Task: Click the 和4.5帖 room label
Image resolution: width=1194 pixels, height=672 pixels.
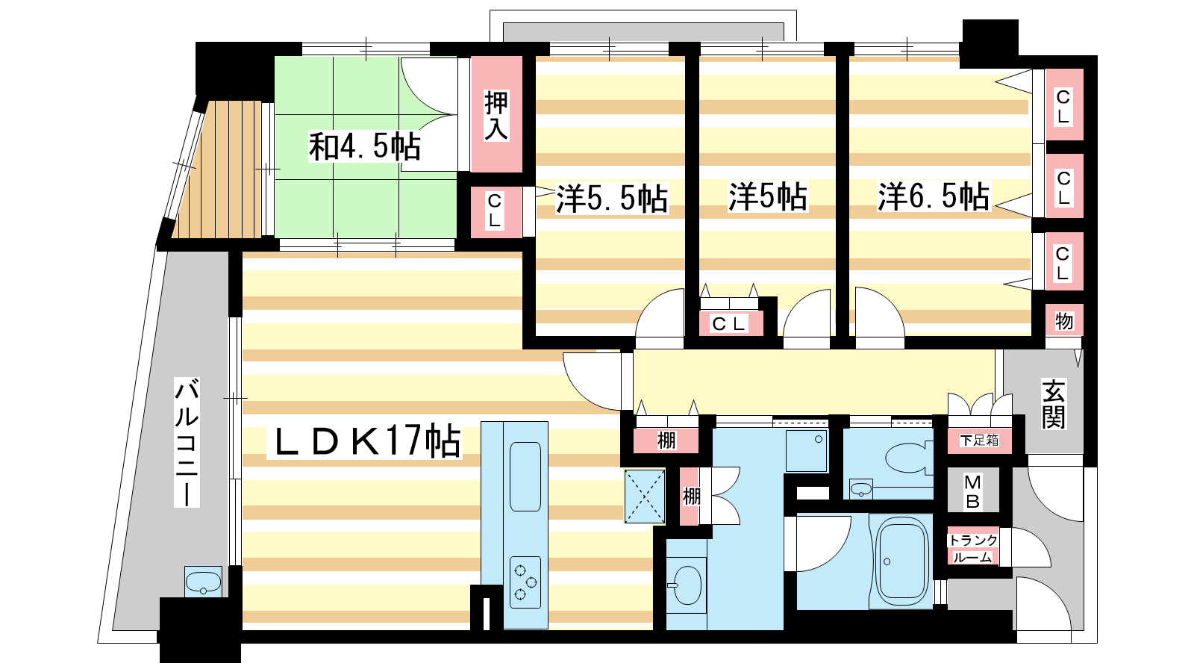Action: pos(365,146)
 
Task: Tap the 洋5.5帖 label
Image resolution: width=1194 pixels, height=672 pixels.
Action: pos(612,199)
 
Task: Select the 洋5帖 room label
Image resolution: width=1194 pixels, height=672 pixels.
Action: pos(768,196)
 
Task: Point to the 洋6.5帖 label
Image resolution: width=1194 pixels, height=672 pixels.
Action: pos(934,196)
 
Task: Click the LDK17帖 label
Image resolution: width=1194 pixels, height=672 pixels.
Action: pos(365,441)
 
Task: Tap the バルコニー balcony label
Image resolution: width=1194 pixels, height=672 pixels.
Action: pos(187,442)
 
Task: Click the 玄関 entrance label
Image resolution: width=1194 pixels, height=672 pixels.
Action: pos(1054,404)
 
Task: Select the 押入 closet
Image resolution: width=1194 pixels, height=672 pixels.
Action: pos(496,114)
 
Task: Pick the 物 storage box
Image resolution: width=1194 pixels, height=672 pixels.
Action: pos(1064,320)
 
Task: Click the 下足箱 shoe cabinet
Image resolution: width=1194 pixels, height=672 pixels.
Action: pos(979,441)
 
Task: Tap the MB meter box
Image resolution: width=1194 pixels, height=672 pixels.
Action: pos(972,491)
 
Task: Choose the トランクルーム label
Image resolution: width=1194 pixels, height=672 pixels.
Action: pos(973,548)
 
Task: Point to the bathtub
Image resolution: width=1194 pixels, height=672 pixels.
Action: pos(901,561)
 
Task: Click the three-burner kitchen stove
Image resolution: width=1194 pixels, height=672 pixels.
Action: pos(525,582)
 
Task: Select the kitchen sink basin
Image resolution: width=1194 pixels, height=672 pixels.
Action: pos(525,476)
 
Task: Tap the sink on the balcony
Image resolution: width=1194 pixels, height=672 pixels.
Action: pos(203,582)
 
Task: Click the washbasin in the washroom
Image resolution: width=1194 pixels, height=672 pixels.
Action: pos(687,585)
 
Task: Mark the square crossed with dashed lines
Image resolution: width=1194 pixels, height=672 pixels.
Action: pos(645,496)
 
